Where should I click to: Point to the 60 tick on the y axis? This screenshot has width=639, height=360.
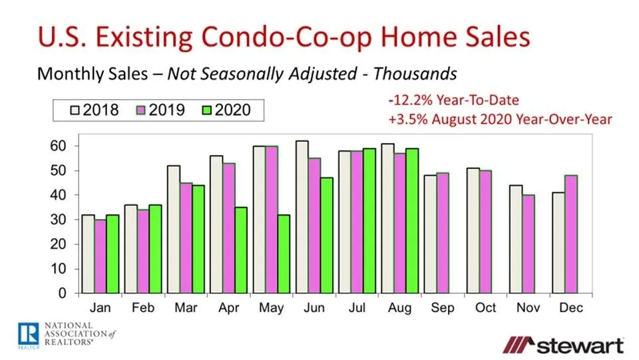click(62, 146)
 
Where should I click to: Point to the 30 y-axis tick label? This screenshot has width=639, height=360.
click(62, 220)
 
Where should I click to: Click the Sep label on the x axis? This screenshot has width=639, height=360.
click(443, 308)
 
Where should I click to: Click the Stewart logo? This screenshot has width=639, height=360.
click(564, 345)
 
